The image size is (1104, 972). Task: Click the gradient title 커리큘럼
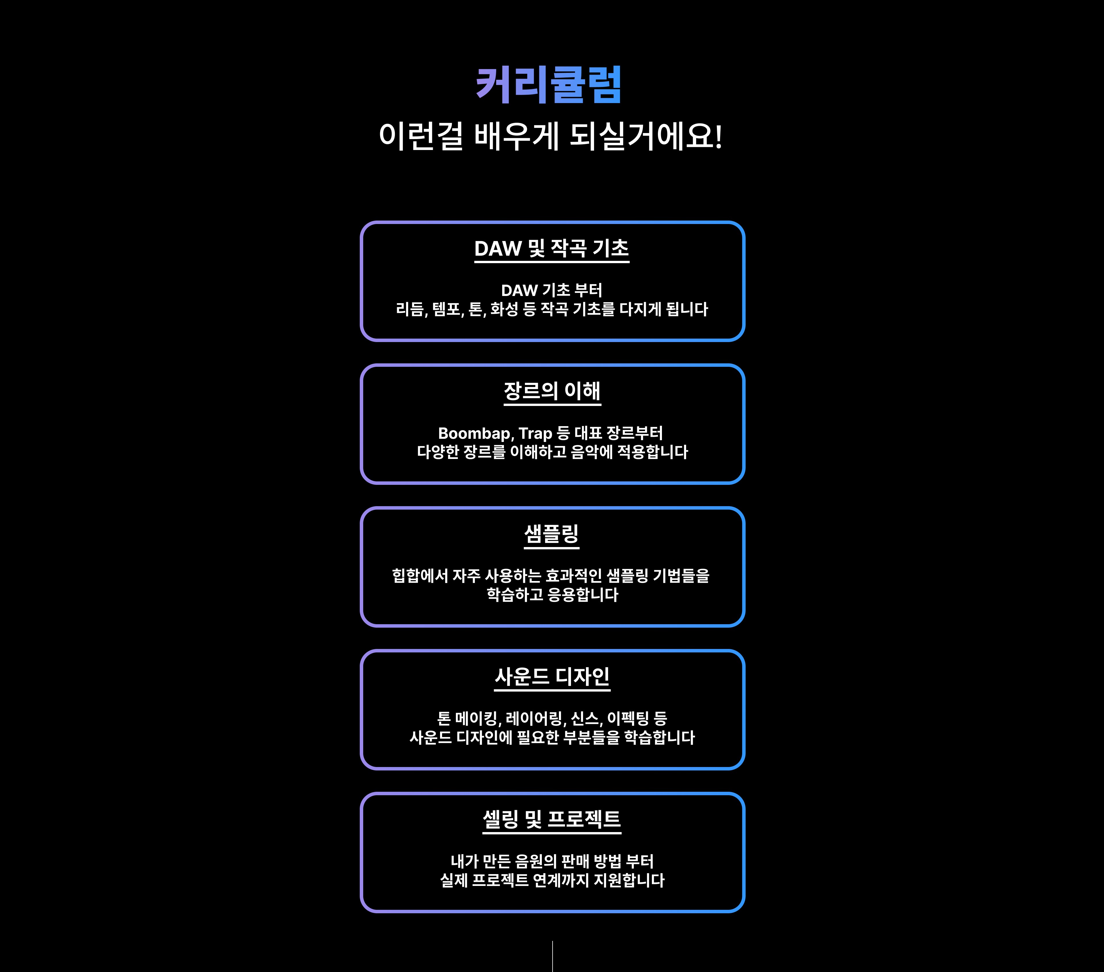coord(549,85)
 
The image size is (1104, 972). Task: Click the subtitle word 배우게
coord(516,136)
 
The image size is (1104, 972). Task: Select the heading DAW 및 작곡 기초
coord(551,248)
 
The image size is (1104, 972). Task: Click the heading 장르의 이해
coord(552,391)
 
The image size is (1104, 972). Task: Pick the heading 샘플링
coord(551,534)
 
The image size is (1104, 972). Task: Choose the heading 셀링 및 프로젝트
coord(551,819)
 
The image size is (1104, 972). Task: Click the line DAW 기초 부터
coord(551,291)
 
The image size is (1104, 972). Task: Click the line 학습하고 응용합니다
coord(552,595)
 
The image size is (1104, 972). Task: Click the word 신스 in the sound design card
coord(584,719)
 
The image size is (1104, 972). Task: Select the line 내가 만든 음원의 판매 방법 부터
coord(552,861)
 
